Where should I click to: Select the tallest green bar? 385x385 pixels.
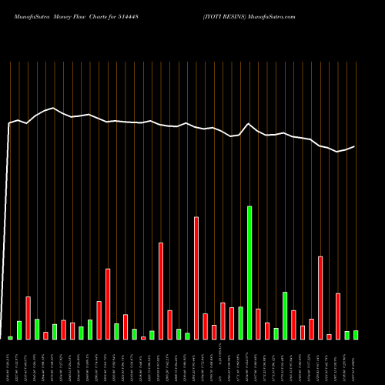tap(249, 273)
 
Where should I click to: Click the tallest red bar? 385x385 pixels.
tap(196, 278)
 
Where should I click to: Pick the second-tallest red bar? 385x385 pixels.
tap(161, 291)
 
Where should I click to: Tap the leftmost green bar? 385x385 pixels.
tap(11, 337)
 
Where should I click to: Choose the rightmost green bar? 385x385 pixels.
tap(356, 335)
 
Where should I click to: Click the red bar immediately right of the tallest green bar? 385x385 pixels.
tap(258, 323)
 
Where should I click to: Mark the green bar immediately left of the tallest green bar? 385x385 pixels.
tap(240, 323)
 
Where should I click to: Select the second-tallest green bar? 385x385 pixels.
tap(285, 316)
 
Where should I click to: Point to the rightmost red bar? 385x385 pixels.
tap(338, 316)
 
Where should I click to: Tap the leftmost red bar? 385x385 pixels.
tap(28, 318)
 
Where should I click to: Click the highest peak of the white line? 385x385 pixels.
tap(53, 108)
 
